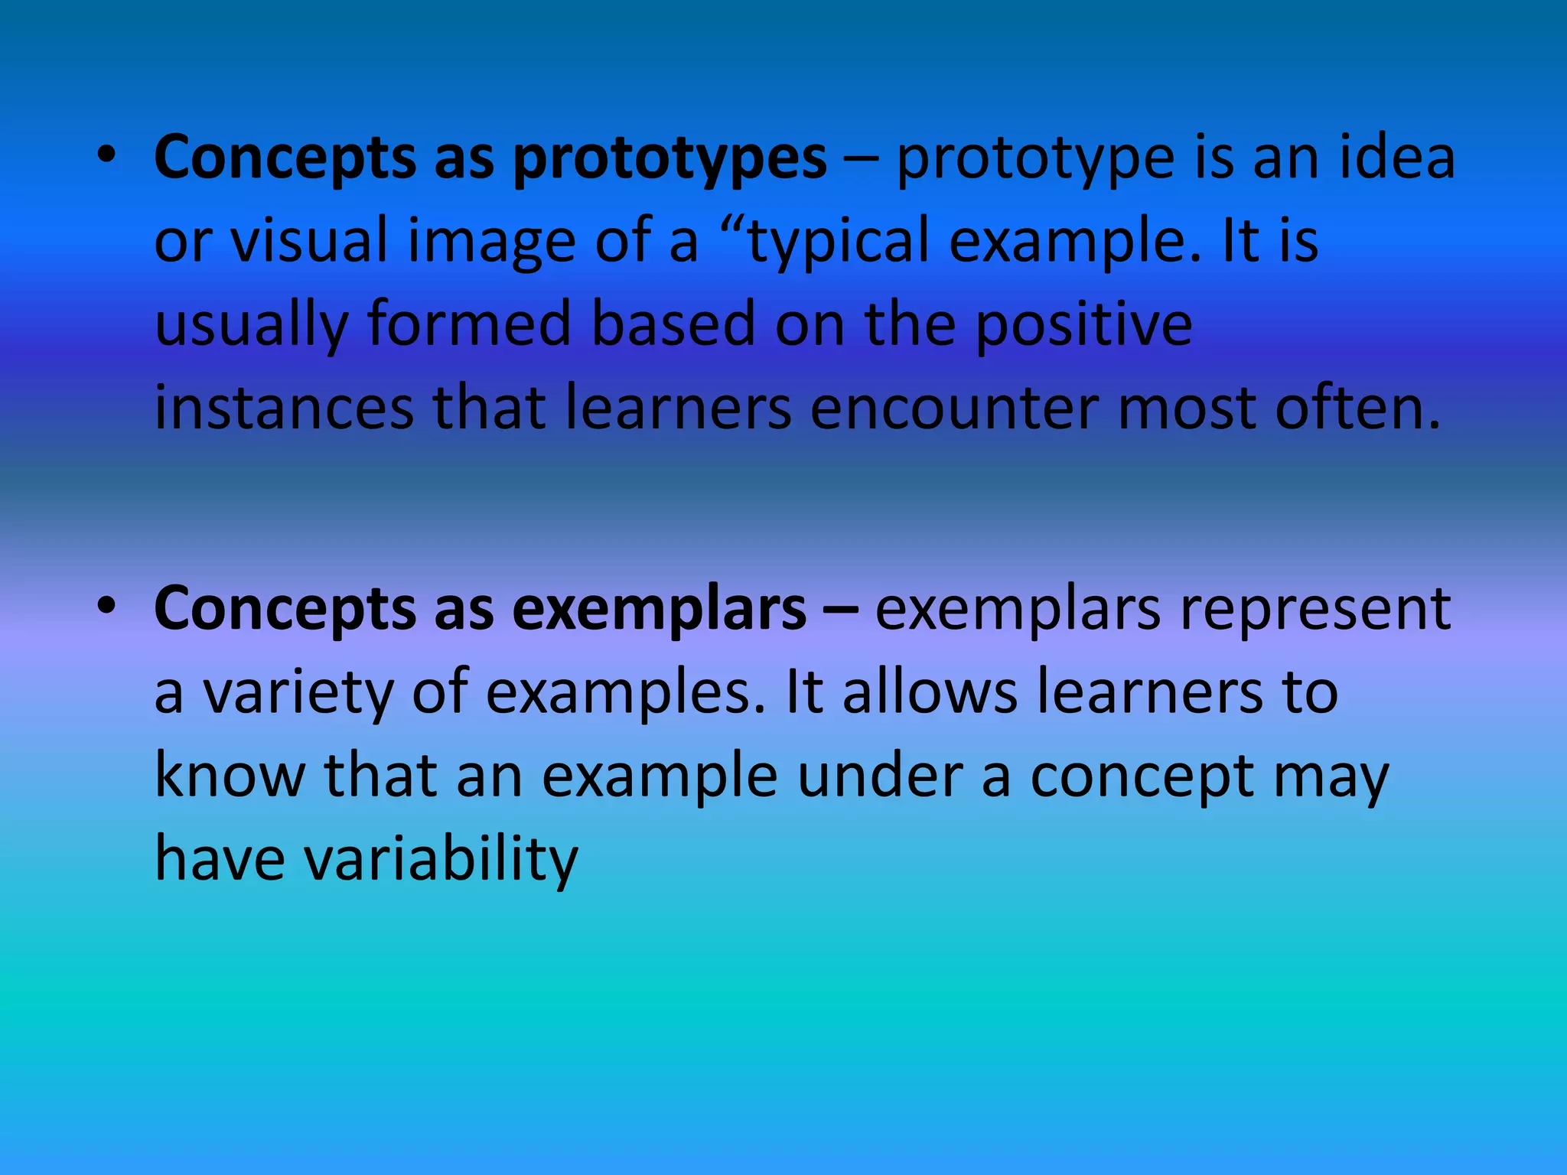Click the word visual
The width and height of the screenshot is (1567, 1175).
pyautogui.click(x=309, y=240)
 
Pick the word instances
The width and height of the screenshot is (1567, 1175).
pyautogui.click(x=284, y=408)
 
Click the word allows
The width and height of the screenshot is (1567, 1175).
pyautogui.click(x=930, y=692)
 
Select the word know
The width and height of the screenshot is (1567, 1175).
pyautogui.click(x=230, y=776)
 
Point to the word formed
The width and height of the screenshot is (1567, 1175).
pyautogui.click(x=469, y=324)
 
